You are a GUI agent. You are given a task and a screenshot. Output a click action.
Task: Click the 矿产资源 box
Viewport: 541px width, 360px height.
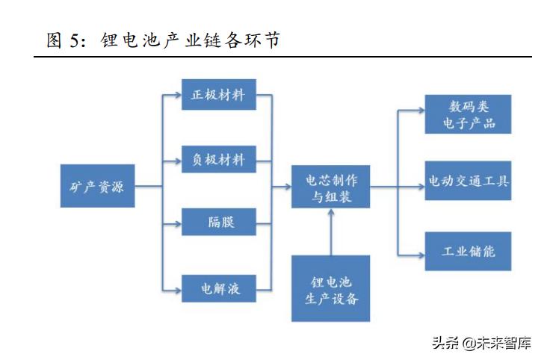(98, 186)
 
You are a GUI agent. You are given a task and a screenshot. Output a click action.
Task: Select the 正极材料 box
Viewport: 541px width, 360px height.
(218, 96)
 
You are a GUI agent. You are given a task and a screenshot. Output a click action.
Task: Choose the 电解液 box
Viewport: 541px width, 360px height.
(218, 288)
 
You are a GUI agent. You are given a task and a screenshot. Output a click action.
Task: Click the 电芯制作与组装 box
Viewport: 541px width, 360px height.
(330, 188)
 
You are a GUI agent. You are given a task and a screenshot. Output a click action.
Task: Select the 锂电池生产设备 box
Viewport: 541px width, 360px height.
(330, 288)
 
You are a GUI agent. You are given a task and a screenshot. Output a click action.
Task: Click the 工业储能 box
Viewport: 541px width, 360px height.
(468, 251)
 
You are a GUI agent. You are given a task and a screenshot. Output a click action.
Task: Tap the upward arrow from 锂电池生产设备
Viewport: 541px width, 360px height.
(330, 232)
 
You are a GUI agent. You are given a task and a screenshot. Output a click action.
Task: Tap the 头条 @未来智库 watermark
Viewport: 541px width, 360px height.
(482, 344)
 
